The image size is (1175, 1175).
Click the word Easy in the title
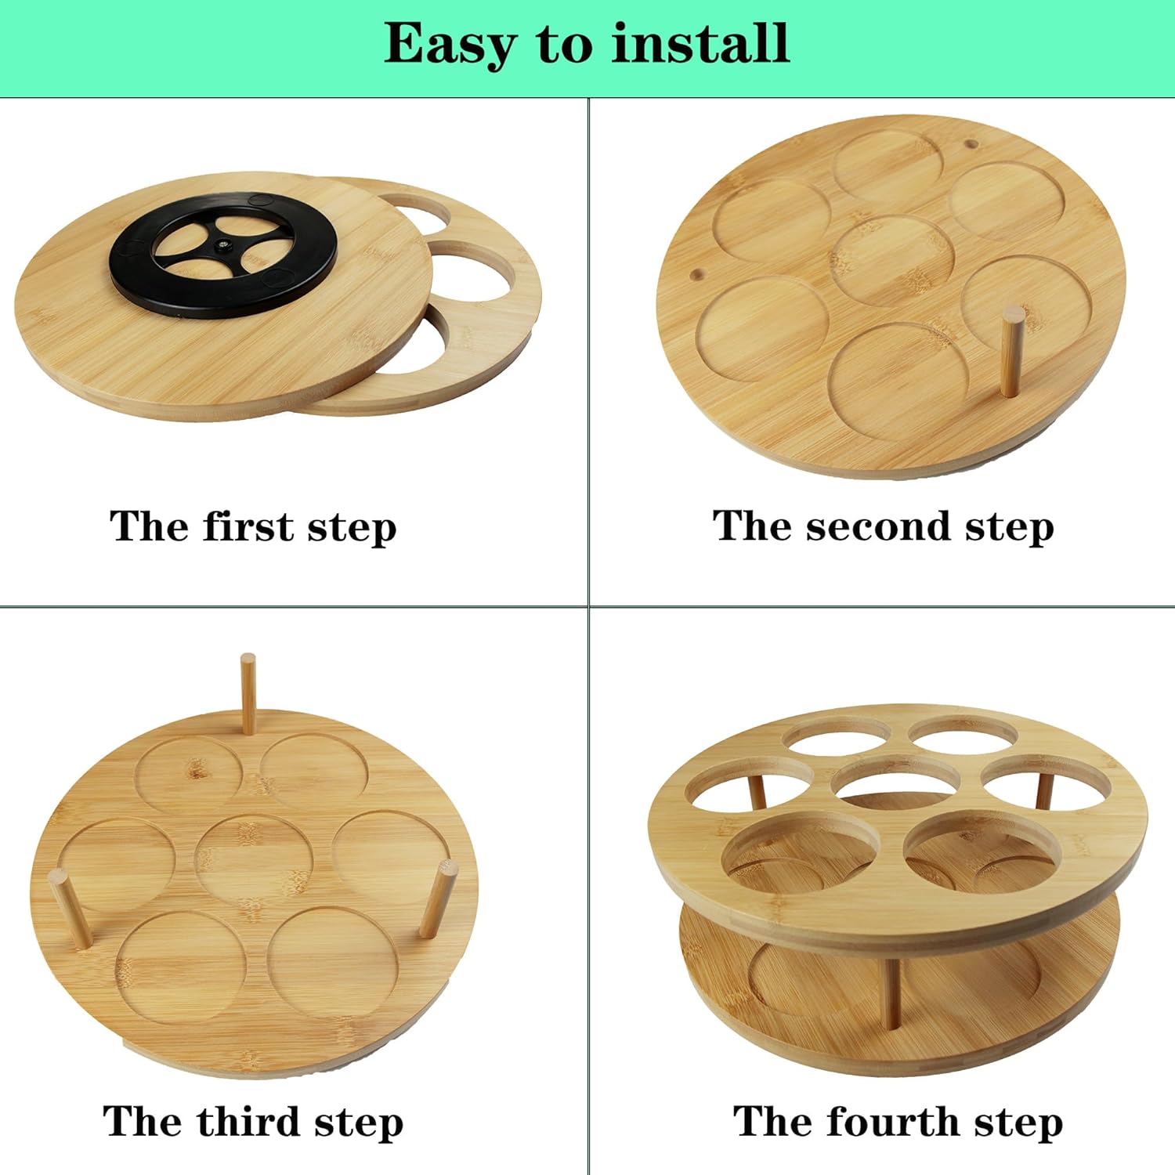pyautogui.click(x=449, y=44)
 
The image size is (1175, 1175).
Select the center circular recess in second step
pyautogui.click(x=893, y=260)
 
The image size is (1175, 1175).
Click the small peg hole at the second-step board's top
pyautogui.click(x=971, y=144)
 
